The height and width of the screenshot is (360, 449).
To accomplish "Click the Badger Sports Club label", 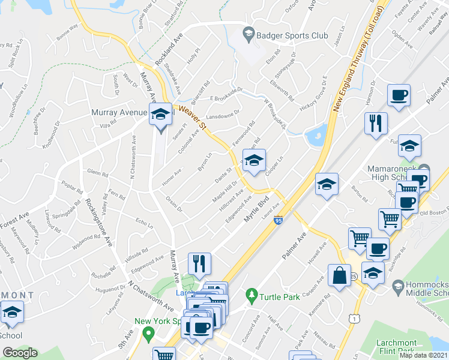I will point(292,35).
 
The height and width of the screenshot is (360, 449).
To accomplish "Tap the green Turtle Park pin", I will point(251,295).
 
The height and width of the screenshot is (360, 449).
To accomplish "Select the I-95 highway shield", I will point(278,221).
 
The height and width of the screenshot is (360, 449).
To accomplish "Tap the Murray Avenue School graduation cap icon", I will point(160,115).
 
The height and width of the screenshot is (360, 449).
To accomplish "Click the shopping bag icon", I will point(339,277).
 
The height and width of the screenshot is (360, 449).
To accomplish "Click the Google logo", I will point(20,353).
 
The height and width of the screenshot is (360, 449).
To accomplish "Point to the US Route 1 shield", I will point(355,322).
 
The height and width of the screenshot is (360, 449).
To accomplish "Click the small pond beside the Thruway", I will point(316,136).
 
